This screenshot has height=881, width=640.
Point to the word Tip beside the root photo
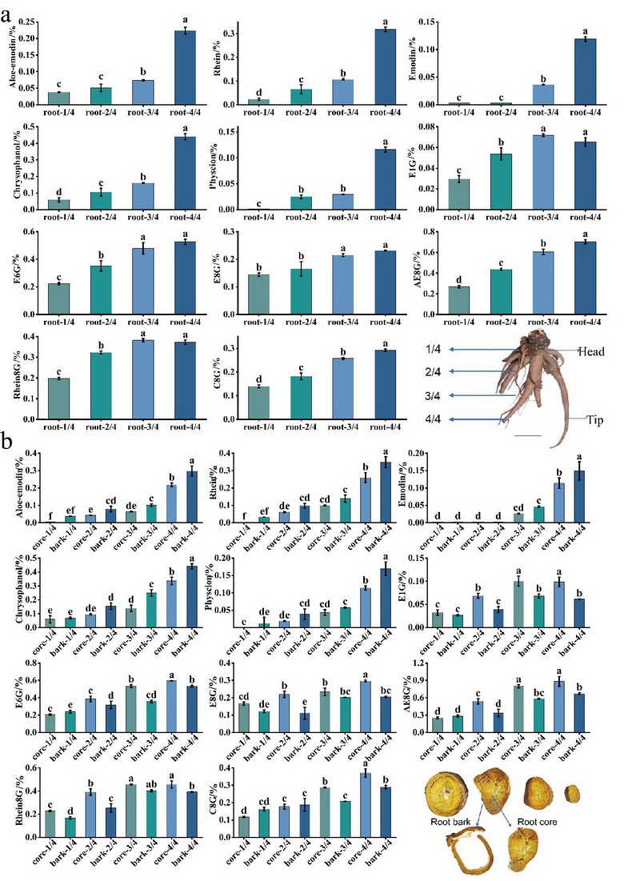(586, 418)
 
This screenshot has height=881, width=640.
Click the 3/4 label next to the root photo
(433, 395)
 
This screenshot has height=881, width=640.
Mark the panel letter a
(7, 12)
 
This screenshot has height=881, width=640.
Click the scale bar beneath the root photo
(529, 436)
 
